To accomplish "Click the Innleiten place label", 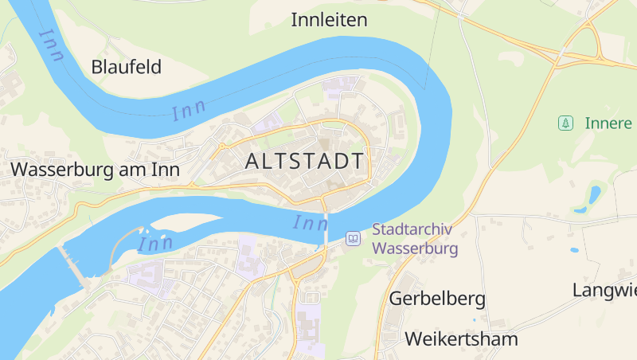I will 329,20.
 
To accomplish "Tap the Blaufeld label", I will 126,67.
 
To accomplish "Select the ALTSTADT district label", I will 305,161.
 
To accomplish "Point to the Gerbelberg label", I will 437,299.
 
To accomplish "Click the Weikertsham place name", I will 461,338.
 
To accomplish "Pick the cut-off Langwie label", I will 604,290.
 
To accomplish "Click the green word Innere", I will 608,123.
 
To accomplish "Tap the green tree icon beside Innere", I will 565,123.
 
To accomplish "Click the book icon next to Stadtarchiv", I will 353,238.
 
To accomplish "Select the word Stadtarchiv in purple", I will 412,230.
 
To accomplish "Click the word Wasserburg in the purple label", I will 415,248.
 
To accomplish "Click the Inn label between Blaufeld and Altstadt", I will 189,111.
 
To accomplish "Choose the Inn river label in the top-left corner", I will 51,45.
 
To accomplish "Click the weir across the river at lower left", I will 73,265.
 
